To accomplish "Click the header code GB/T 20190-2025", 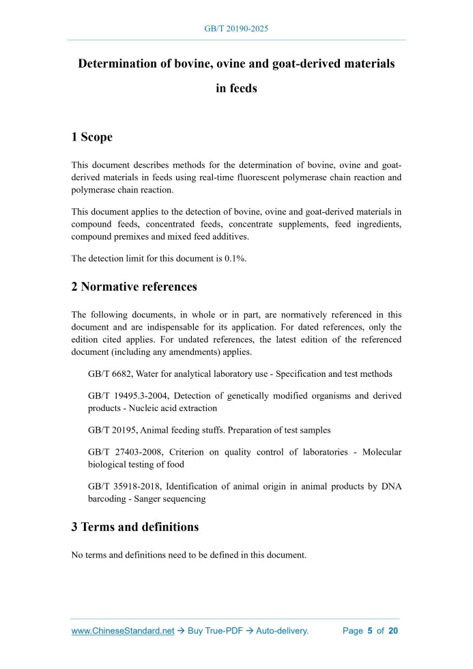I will pyautogui.click(x=236, y=29).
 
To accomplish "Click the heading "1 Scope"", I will pyautogui.click(x=91, y=137).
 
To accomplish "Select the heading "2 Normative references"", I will pyautogui.click(x=134, y=287).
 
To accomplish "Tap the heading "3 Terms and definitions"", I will pyautogui.click(x=134, y=527).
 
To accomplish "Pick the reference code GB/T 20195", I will pyautogui.click(x=112, y=430).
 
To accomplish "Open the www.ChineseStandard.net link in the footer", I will pyautogui.click(x=123, y=631).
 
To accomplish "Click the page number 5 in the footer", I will pyautogui.click(x=369, y=631).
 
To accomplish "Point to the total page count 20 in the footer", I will pyautogui.click(x=392, y=631).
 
